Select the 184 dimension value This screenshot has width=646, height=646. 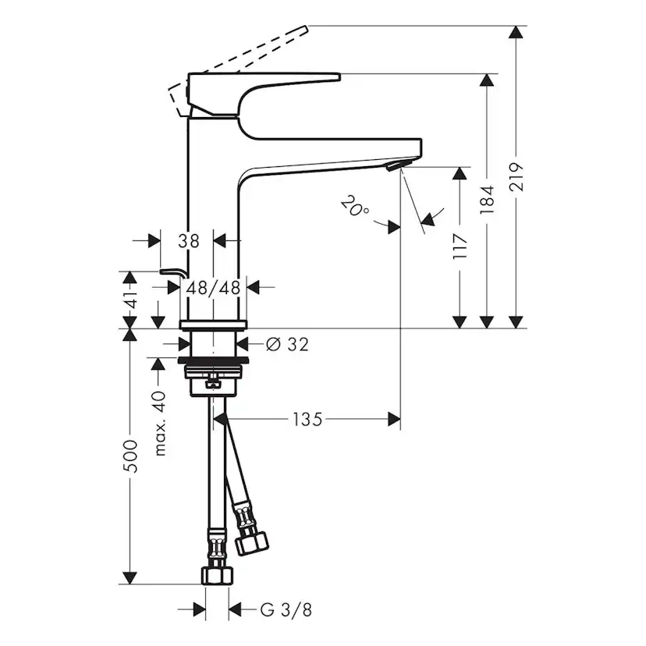click(488, 200)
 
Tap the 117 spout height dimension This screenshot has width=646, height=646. click(460, 247)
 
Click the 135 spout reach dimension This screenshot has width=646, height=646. click(307, 421)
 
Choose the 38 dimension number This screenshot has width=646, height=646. click(188, 241)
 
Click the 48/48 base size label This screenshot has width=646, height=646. click(213, 287)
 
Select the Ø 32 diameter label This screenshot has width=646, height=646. click(287, 344)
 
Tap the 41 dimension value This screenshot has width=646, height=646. click(132, 299)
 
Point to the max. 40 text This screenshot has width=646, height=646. click(161, 423)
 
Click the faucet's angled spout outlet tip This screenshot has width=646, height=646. click(396, 165)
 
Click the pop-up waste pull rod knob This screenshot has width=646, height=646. click(170, 270)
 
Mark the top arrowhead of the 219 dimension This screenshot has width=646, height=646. click(515, 32)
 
